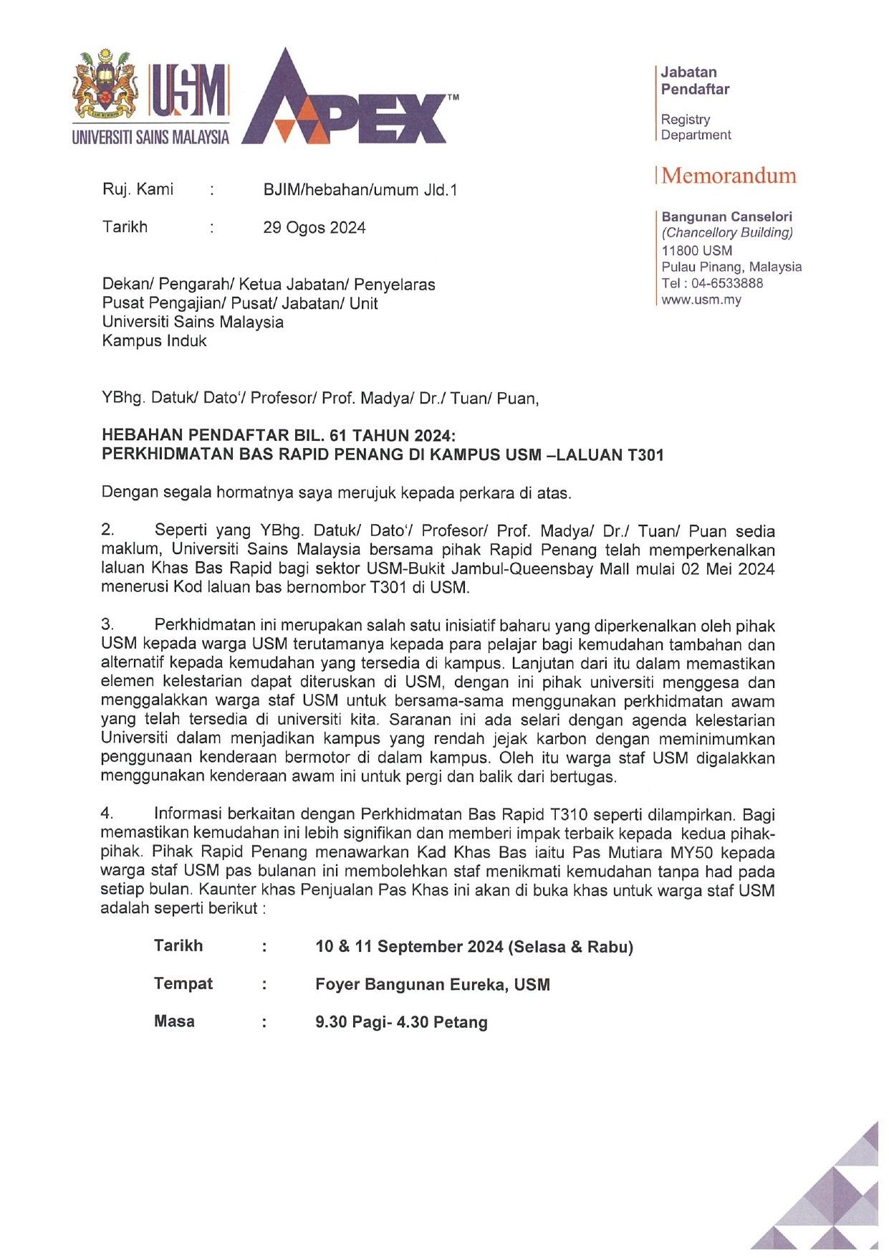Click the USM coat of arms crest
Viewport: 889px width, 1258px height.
[x=105, y=85]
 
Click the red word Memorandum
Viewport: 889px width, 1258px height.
[x=729, y=176]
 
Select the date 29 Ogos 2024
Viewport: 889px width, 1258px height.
[x=314, y=228]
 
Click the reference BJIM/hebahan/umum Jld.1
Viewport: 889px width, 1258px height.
[x=360, y=190]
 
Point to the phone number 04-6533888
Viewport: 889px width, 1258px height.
[x=727, y=283]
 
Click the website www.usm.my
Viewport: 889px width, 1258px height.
[x=701, y=300]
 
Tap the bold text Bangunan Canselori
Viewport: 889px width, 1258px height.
[x=726, y=216]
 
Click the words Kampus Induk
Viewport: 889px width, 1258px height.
[x=154, y=341]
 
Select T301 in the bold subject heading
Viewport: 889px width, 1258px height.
[x=645, y=455]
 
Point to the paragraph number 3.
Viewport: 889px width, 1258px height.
[x=107, y=625]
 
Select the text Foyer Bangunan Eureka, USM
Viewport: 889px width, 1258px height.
[x=433, y=985]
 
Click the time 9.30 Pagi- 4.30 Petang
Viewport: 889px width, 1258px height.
[x=401, y=1022]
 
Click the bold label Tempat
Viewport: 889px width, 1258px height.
[x=183, y=983]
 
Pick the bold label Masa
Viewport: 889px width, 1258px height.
[x=174, y=1021]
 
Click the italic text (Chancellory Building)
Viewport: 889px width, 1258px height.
[x=727, y=233]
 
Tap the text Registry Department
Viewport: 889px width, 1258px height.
[x=696, y=128]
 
